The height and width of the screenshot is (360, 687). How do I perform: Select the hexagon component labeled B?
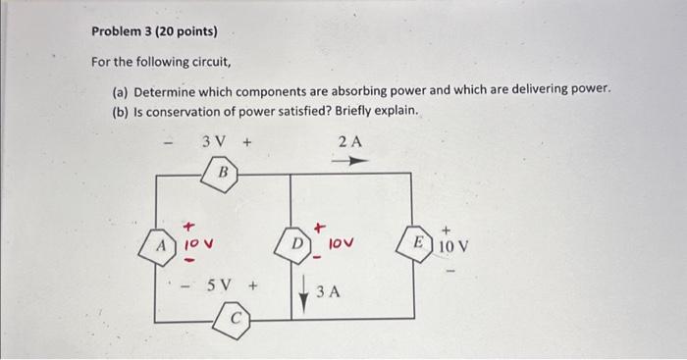coord(223,173)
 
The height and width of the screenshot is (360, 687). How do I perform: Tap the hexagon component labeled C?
coord(235,320)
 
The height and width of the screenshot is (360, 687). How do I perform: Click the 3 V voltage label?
coord(214,141)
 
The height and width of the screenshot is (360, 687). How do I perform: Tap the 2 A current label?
coord(350,141)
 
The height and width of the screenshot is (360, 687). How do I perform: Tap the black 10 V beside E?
coord(453,244)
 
